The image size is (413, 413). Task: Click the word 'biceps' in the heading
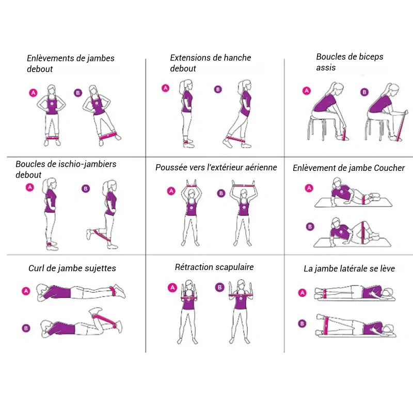[368, 57]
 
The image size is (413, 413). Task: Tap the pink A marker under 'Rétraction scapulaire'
[172, 288]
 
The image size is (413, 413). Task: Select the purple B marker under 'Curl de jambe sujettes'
[26, 328]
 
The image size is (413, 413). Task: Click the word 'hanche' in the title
[234, 58]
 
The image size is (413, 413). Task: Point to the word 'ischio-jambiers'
[87, 164]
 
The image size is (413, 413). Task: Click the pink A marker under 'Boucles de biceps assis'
[307, 91]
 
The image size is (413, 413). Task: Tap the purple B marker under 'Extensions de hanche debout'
[218, 89]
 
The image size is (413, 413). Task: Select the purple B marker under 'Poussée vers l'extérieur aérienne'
[221, 193]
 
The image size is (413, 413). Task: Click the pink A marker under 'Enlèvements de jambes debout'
[33, 93]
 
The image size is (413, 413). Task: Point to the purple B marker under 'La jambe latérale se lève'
[302, 324]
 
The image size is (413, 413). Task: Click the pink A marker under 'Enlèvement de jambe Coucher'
[309, 188]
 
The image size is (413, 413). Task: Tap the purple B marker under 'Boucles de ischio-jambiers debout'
[86, 188]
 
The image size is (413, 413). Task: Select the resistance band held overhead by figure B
[244, 186]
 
